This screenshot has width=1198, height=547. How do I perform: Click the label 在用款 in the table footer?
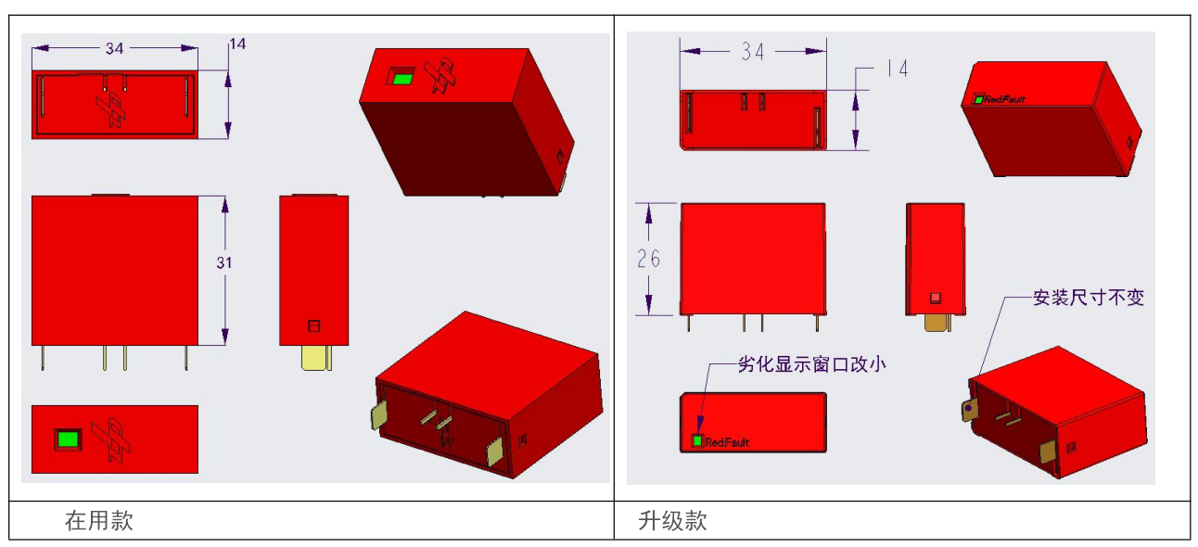(99, 520)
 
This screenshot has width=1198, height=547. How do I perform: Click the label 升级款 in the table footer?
(672, 520)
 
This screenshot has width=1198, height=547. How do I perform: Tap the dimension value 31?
(224, 262)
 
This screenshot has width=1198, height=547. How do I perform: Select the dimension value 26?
(649, 259)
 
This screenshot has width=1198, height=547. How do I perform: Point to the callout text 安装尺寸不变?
(1089, 298)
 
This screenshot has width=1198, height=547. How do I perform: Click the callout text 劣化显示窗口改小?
(812, 364)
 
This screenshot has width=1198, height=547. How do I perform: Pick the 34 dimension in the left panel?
(114, 48)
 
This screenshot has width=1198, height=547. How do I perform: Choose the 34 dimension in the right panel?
(753, 51)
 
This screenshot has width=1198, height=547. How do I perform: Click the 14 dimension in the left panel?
(237, 44)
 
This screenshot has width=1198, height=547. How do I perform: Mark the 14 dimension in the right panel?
(897, 69)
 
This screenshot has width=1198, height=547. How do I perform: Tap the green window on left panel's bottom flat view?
(68, 439)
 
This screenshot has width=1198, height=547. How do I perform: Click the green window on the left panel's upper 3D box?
(402, 79)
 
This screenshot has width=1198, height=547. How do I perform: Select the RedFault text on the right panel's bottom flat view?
(727, 442)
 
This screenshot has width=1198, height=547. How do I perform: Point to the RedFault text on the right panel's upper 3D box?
(1004, 99)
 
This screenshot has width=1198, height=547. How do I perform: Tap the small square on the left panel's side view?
(314, 325)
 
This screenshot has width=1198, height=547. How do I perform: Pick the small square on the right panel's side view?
(935, 298)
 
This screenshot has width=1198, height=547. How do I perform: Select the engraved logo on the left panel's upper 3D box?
(440, 75)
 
